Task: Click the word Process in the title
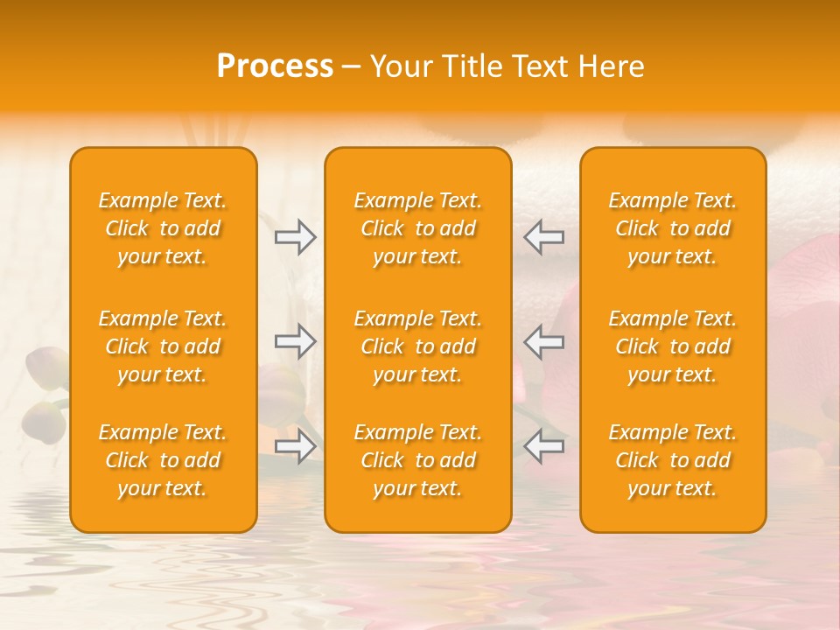pos(275,66)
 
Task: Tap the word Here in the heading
pos(612,66)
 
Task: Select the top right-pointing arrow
pos(295,237)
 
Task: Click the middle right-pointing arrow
pos(295,341)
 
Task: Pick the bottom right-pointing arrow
pos(295,446)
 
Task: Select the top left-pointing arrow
pos(544,237)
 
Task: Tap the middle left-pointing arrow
pos(544,341)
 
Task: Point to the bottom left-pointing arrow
pos(544,446)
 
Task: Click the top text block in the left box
pos(163,228)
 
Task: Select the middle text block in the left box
pos(163,346)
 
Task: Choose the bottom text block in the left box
pos(163,460)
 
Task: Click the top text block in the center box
pos(418,228)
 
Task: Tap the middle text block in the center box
pos(418,346)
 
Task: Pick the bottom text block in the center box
pos(418,460)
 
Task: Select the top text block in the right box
pos(673,228)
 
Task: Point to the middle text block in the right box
pos(673,346)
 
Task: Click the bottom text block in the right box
pos(673,460)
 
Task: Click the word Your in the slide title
pos(400,66)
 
